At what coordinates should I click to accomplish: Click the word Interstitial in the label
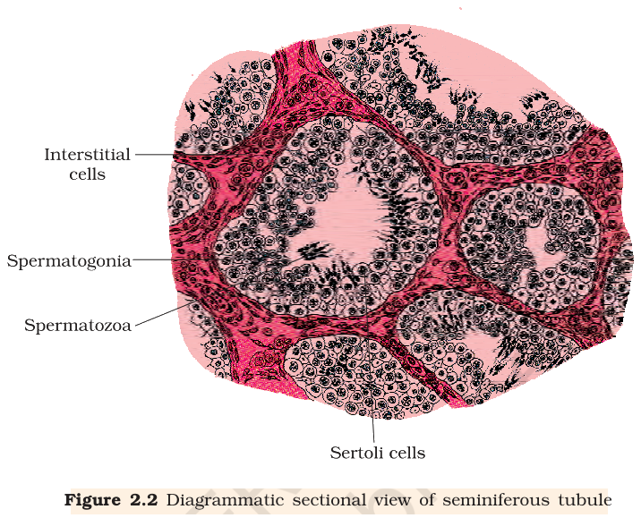tap(87, 155)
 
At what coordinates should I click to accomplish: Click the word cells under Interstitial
tap(87, 174)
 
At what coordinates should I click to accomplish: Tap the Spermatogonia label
tap(69, 261)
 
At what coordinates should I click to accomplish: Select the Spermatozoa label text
tap(78, 326)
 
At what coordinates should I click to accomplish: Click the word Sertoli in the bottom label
tap(355, 453)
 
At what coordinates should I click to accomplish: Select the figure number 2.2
tap(144, 500)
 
